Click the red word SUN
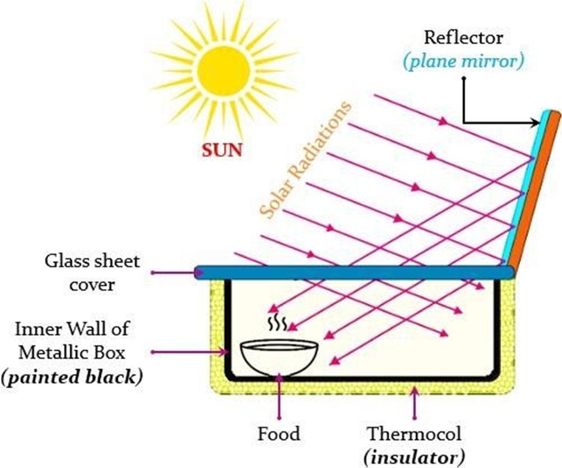point(222,150)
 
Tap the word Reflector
point(463,38)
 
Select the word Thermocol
point(415,434)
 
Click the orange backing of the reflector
point(535,190)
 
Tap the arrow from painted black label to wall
point(190,352)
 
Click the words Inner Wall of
point(73,329)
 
